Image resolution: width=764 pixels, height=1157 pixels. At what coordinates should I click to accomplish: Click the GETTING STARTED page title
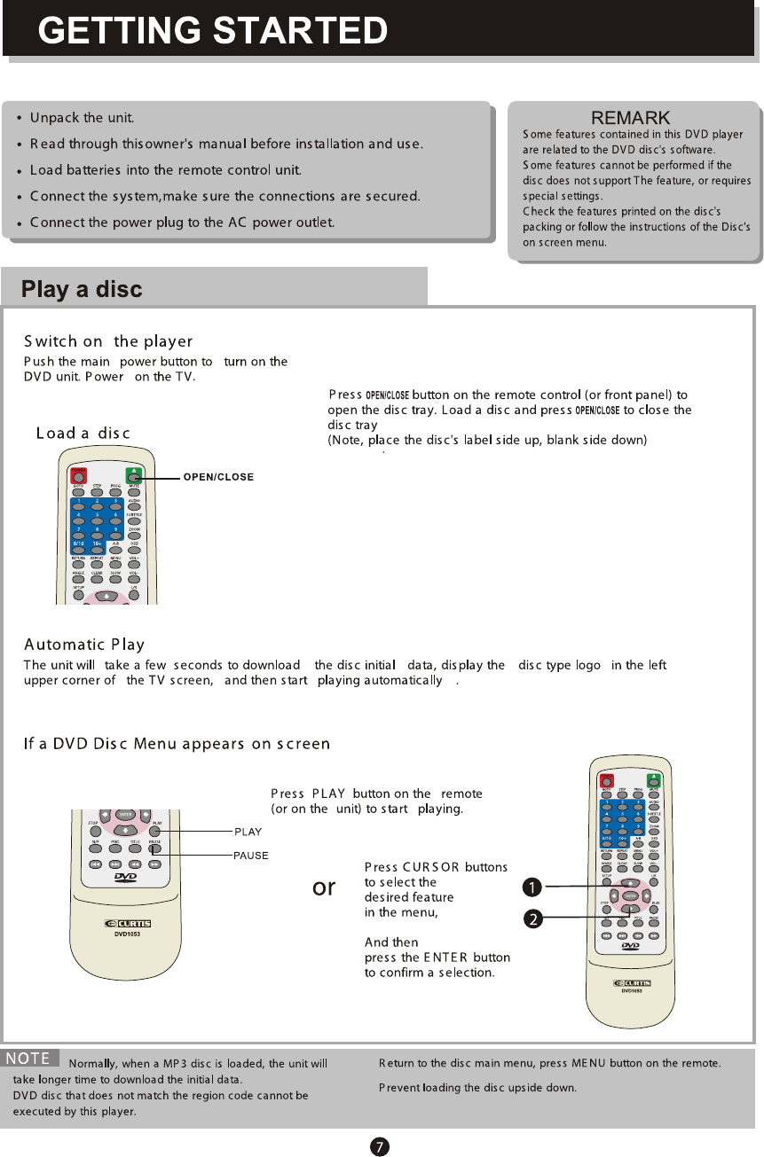213,32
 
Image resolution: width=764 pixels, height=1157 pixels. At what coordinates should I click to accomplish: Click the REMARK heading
630,119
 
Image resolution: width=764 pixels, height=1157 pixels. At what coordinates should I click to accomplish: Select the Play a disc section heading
82,290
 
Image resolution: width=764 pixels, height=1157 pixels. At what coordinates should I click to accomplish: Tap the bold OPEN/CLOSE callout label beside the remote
218,477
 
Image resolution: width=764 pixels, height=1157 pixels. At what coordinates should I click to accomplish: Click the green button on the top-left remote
132,473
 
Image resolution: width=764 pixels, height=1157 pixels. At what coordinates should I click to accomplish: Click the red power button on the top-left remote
79,473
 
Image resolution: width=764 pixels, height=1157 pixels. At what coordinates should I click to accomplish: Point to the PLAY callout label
248,832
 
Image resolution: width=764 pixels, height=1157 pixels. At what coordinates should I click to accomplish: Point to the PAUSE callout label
251,856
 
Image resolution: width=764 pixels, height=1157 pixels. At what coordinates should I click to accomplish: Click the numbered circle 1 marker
531,887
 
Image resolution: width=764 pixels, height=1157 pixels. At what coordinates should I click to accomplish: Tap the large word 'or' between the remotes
325,887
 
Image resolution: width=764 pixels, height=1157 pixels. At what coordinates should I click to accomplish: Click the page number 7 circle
378,1146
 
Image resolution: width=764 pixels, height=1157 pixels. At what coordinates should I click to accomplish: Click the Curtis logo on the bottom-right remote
632,982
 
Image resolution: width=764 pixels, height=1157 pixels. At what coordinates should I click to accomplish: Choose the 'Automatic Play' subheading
84,645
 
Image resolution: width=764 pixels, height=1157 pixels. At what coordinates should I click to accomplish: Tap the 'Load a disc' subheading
83,434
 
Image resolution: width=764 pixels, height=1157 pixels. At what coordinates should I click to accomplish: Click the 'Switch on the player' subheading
108,342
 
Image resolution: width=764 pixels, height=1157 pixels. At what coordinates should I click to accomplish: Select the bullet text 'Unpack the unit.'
82,118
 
